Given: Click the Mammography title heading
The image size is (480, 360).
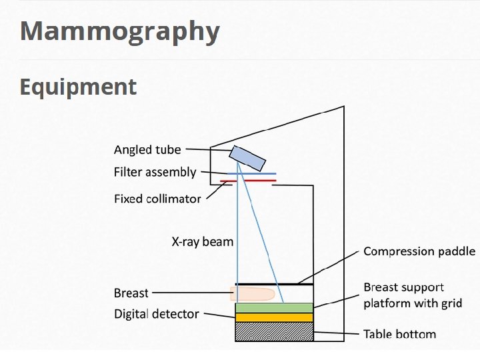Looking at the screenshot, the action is (x=119, y=31).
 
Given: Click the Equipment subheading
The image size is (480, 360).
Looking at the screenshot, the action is (x=78, y=87).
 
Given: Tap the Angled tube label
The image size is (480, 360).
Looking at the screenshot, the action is (x=147, y=150).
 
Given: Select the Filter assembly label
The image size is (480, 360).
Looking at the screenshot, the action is (x=155, y=172).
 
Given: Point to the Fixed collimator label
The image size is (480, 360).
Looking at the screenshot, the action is (x=157, y=199).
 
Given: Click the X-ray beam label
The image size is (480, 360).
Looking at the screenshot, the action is (x=202, y=241).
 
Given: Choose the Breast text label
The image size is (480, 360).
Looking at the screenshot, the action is (x=131, y=293).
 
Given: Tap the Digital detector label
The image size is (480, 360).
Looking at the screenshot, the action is (x=156, y=313).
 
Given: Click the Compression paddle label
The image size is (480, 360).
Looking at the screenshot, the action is (x=419, y=251).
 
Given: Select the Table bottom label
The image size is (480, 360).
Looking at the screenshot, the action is (x=399, y=333).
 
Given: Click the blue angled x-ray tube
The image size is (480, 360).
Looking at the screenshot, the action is (x=247, y=158).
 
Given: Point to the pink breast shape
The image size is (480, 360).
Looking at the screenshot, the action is (x=253, y=293).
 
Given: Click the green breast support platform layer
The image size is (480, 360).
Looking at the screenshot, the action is (x=274, y=307).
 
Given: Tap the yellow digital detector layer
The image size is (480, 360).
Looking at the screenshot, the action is (x=274, y=317).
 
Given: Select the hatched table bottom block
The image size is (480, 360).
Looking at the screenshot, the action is (x=274, y=331).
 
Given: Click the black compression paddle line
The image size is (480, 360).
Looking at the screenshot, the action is (x=274, y=285).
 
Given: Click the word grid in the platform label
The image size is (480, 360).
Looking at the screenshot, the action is (x=451, y=303).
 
